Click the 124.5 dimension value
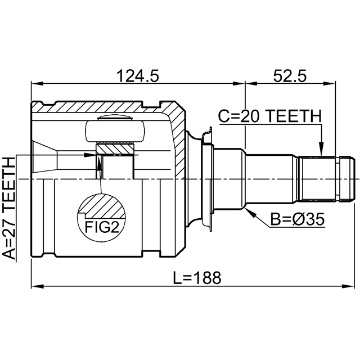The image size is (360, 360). coord(137,76)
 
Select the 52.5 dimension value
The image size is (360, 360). coord(290,76)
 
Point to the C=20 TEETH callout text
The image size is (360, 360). coord(269,116)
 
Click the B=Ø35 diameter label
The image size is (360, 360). coord(298,219)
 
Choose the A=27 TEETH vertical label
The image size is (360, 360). coord(9,208)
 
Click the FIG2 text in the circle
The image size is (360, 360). coord(102,227)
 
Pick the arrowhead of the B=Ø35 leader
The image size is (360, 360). coord(249,211)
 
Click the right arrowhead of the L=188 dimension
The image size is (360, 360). coord(348,286)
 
